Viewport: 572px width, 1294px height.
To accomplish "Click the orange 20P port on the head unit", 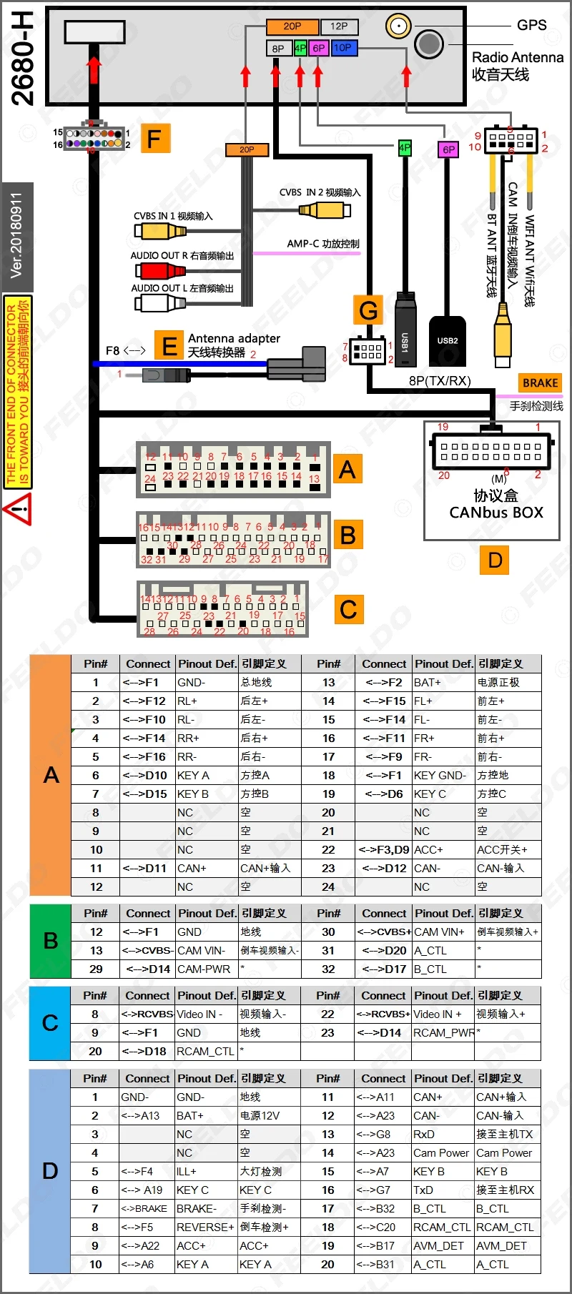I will coord(292,26).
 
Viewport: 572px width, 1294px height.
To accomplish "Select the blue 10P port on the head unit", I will coord(343,48).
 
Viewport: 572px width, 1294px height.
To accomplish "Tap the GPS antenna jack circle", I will coord(398,26).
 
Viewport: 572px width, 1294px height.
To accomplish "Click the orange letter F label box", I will coord(154,138).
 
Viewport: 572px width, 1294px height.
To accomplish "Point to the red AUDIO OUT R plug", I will coord(160,270).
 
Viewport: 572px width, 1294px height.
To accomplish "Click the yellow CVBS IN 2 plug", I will coord(325,209).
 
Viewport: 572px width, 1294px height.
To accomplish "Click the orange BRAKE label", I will coord(540,383).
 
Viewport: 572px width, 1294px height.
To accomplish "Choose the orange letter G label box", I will coord(368,310).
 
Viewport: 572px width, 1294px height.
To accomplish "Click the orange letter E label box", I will coord(169,347).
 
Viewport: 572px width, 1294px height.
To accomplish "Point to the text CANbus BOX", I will coord(496,513).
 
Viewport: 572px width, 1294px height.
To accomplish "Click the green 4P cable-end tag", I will coord(405,148).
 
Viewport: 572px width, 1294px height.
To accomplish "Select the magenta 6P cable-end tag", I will coord(448,149).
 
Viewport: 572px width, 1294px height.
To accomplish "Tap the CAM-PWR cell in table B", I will coord(206,969).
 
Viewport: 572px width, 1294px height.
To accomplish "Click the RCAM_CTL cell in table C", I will coord(206,1051).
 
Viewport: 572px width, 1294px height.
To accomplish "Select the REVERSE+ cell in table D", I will coord(206,1227).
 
